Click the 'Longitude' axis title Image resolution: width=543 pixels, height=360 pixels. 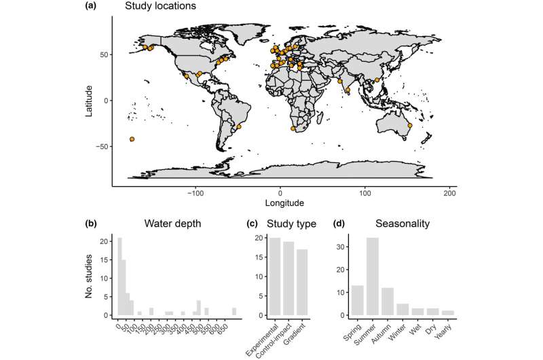tap(280, 202)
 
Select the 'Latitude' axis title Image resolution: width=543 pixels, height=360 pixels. tap(88, 101)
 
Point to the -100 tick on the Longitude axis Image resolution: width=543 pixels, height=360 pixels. tap(195, 192)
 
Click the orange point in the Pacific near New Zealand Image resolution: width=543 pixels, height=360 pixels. tap(132, 139)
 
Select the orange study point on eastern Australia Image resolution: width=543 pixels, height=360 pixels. tap(409, 125)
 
